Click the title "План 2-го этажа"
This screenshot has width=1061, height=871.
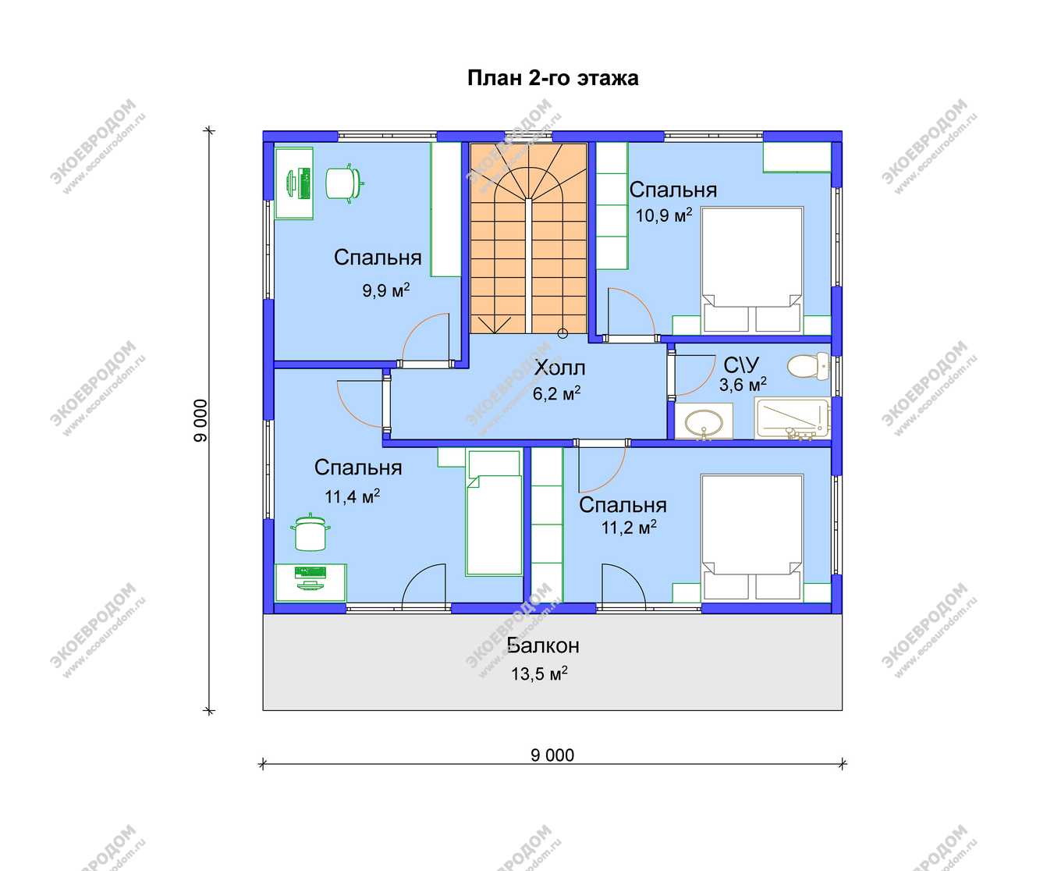[553, 79]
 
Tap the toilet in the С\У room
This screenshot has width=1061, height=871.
[808, 366]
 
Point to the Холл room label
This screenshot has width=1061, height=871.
[559, 368]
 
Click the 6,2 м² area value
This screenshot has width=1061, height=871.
[556, 393]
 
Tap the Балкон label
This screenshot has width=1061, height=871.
[543, 645]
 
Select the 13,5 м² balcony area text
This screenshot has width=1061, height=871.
[539, 674]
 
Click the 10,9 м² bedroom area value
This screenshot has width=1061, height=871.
[664, 215]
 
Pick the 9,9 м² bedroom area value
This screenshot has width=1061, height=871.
[386, 290]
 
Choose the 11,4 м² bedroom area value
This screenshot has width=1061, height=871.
[352, 496]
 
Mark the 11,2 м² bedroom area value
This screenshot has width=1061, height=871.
[629, 528]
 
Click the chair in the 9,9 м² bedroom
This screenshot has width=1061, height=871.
[344, 183]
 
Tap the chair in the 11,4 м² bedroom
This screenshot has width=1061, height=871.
[310, 532]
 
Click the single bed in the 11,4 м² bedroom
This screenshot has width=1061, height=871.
[494, 513]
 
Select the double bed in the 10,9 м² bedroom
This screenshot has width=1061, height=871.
[751, 270]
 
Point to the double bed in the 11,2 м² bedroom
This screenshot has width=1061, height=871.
[751, 538]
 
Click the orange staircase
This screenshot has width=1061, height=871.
[529, 238]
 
